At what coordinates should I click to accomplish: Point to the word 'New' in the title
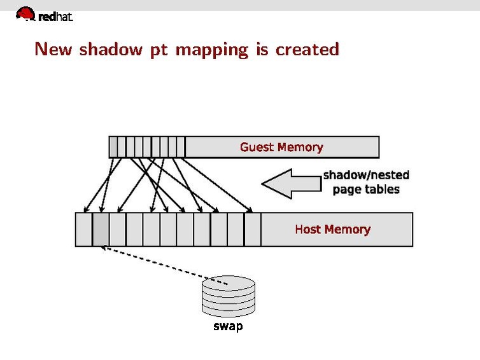[53, 49]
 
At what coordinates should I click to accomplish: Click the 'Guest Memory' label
[281, 147]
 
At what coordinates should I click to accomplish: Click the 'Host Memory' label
[332, 229]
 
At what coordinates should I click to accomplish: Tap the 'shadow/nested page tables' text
[366, 182]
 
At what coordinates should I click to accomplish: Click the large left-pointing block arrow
[290, 183]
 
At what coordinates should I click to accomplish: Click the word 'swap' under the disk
[228, 328]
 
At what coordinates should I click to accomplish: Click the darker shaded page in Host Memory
[101, 229]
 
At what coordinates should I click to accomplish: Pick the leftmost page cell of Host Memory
[84, 229]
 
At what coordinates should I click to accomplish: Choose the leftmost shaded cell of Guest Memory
[113, 147]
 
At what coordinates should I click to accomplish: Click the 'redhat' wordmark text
[56, 17]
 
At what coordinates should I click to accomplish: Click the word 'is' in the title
[262, 49]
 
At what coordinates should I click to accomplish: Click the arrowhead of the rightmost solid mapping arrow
[251, 211]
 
